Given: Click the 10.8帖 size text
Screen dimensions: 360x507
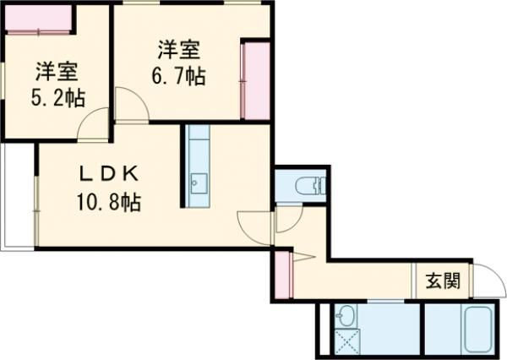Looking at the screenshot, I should point(108,202).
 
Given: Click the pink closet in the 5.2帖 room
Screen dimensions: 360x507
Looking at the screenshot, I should point(38,18).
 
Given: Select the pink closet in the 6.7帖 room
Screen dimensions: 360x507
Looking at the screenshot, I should point(254,80).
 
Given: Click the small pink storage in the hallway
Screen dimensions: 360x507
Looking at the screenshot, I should point(281,275).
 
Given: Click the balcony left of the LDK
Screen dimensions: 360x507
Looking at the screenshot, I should point(17,196).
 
